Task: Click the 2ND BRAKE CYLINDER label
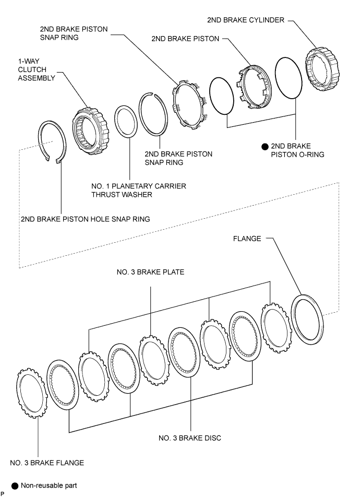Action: (x=246, y=20)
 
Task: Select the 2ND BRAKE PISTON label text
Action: (x=185, y=39)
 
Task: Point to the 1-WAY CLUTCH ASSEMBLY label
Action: (x=37, y=69)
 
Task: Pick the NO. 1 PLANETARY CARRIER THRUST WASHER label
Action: (x=138, y=190)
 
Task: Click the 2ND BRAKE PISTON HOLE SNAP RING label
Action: (x=85, y=219)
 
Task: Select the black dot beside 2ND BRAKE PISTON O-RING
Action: (x=265, y=147)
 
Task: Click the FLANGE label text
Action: (x=247, y=239)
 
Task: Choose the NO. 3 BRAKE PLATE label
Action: (x=150, y=272)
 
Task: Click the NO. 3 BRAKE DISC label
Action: (x=190, y=438)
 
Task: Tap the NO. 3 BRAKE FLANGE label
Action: (x=47, y=463)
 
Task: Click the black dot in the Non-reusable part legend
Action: (x=15, y=486)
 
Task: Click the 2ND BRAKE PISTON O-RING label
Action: (x=297, y=150)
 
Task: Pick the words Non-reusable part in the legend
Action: (x=49, y=486)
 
